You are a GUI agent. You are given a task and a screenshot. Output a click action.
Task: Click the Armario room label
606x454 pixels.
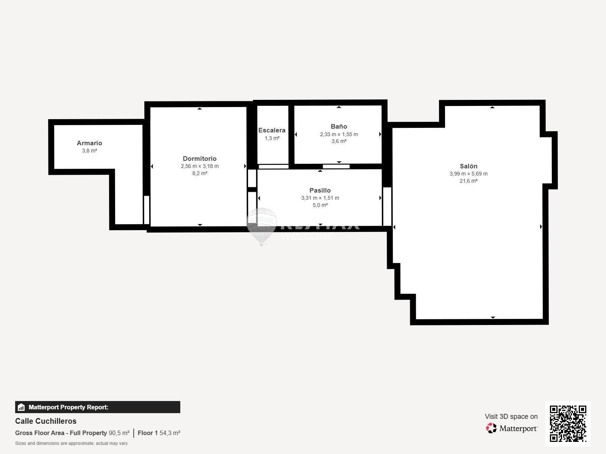point(89,143)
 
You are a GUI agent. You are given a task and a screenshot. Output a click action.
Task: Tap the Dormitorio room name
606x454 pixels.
point(200,159)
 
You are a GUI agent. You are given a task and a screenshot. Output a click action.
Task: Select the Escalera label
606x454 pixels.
point(272,130)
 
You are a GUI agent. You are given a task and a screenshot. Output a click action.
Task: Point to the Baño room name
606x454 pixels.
point(339,126)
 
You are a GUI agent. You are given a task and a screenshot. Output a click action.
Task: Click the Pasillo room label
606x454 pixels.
point(320,190)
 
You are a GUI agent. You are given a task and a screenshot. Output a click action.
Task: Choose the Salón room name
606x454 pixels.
point(469,166)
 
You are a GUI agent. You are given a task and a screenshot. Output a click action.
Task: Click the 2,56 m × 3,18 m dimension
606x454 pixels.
point(200,166)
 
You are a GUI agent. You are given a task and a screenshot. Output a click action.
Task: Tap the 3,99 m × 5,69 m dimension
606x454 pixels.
point(469,174)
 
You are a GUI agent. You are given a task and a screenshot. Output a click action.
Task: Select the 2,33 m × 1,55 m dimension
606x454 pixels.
point(339,134)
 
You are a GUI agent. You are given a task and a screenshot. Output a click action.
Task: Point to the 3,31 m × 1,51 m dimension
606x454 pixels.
point(320,198)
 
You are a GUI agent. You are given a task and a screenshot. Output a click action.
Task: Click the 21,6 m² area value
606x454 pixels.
point(469,181)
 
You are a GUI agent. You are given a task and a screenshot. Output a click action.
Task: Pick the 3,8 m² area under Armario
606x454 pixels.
point(89,151)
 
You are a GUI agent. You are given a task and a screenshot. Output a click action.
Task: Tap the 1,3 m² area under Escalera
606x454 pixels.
point(272,138)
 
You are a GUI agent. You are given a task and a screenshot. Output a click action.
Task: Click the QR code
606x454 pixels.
point(568,423)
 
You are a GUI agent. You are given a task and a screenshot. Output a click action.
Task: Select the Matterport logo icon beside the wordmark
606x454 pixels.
point(491,428)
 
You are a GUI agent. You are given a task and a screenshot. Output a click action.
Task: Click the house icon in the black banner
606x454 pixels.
point(21,407)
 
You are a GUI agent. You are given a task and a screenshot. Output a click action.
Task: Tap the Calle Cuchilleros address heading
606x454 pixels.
point(46,421)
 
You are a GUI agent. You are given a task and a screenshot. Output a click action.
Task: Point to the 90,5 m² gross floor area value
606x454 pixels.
point(119,433)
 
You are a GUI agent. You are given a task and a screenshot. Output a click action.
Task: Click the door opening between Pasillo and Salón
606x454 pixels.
point(387,207)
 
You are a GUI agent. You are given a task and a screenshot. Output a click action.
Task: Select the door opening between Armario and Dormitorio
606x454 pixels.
point(147,210)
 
